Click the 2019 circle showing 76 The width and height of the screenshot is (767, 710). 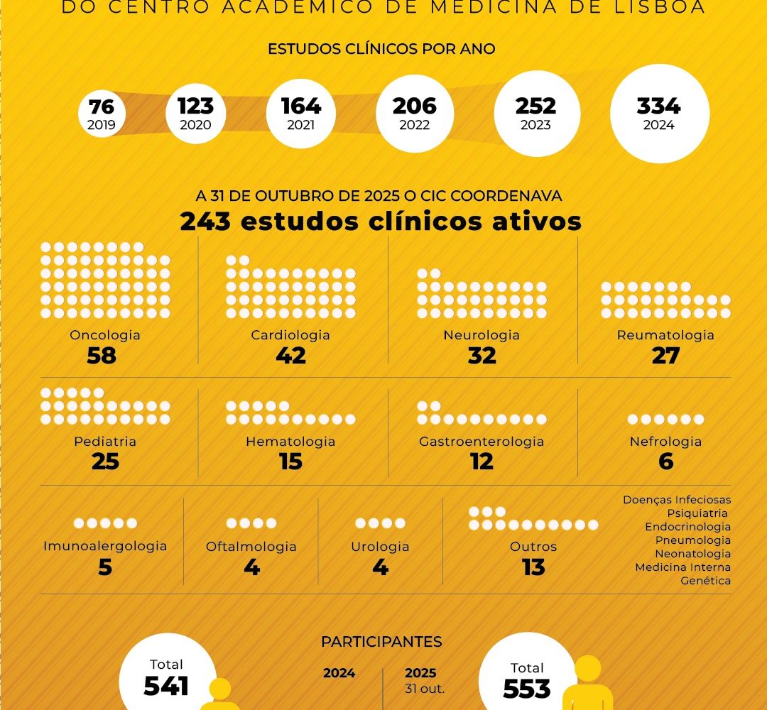pyautogui.click(x=102, y=114)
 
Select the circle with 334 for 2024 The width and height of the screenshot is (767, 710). pyautogui.click(x=659, y=114)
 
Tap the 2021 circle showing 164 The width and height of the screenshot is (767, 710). pyautogui.click(x=301, y=114)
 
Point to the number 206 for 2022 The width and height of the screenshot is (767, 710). pyautogui.click(x=415, y=106)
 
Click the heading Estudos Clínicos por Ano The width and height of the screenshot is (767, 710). pyautogui.click(x=381, y=50)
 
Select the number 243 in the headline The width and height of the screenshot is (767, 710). pyautogui.click(x=206, y=222)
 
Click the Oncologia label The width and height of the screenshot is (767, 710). pyautogui.click(x=105, y=335)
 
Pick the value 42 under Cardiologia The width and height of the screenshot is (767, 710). pyautogui.click(x=290, y=355)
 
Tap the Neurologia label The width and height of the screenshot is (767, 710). pyautogui.click(x=482, y=335)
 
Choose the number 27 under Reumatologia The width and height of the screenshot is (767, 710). pyautogui.click(x=665, y=355)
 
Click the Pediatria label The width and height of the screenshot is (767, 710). pyautogui.click(x=105, y=442)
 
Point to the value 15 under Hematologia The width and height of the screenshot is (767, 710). pyautogui.click(x=290, y=461)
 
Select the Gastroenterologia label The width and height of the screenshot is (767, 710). pyautogui.click(x=482, y=442)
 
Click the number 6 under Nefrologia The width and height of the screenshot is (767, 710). pyautogui.click(x=665, y=461)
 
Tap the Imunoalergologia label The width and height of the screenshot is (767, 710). pyautogui.click(x=105, y=547)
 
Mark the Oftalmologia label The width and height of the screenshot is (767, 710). pyautogui.click(x=251, y=547)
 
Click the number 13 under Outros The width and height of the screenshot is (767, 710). pyautogui.click(x=533, y=567)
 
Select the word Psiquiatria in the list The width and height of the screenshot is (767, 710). pyautogui.click(x=698, y=513)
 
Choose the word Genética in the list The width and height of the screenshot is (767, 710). pyautogui.click(x=705, y=581)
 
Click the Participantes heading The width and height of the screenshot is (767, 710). pyautogui.click(x=381, y=642)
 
